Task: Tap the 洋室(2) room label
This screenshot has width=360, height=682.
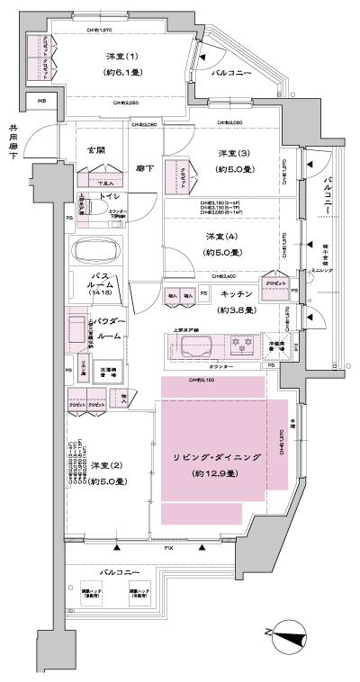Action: click(x=107, y=465)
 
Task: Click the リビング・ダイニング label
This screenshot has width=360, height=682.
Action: click(x=216, y=458)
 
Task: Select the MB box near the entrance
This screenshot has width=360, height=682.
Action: click(x=41, y=101)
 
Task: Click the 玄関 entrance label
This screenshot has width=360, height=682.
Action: click(x=96, y=150)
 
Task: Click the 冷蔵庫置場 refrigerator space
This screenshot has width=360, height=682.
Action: click(x=279, y=345)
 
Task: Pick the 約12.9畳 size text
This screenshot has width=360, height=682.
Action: click(x=216, y=473)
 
